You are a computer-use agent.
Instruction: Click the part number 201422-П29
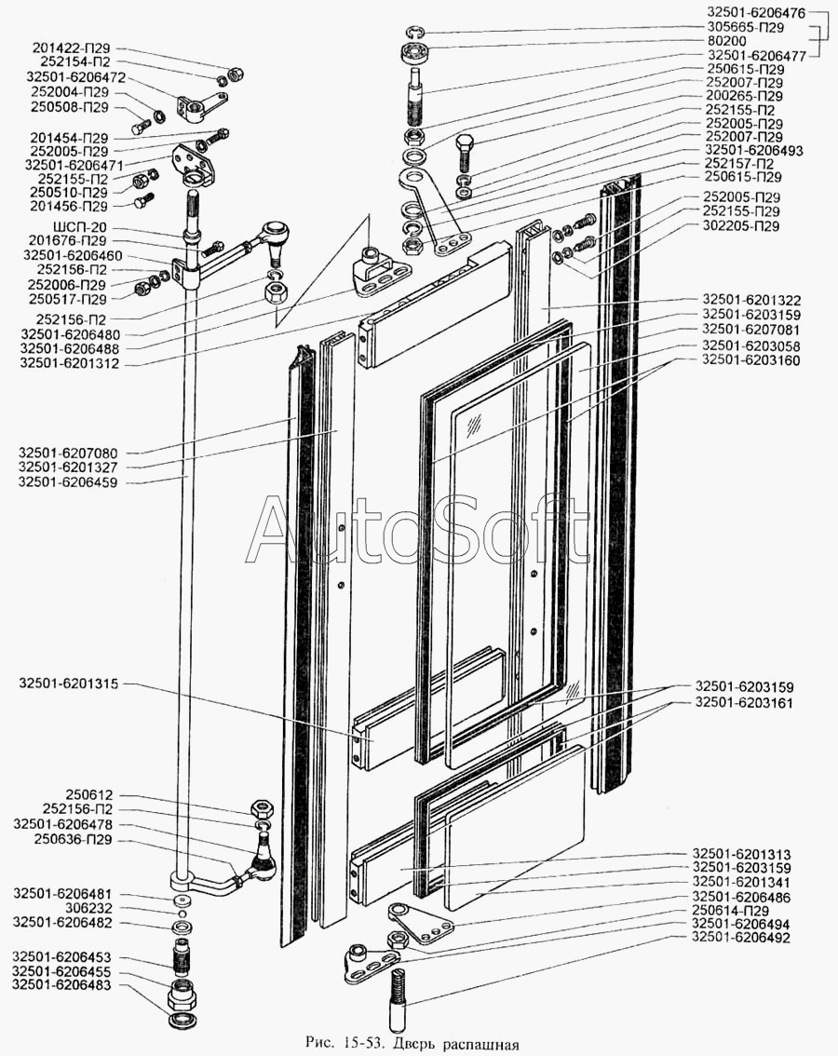pos(71,48)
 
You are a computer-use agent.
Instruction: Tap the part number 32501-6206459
pos(67,483)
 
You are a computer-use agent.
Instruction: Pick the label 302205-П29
pos(740,226)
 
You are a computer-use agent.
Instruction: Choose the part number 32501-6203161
pos(744,703)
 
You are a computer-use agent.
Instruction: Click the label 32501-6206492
pos(742,938)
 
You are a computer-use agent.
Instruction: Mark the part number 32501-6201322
pos(751,301)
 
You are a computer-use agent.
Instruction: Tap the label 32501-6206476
pos(757,13)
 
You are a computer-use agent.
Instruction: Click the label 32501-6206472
pos(75,77)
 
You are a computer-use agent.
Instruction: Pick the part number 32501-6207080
pos(68,454)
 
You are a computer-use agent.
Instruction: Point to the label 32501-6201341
pos(742,882)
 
